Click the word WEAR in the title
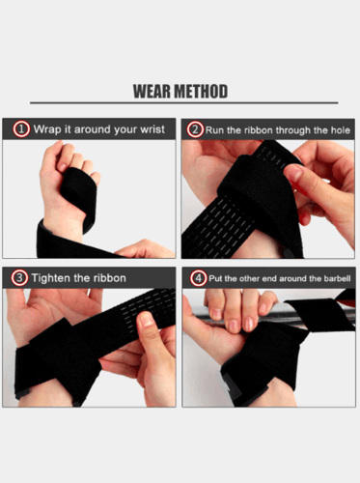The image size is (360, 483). pyautogui.click(x=153, y=92)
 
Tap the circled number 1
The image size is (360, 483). pyautogui.click(x=21, y=128)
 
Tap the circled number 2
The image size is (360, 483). pyautogui.click(x=195, y=128)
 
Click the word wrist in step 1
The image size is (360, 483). pyautogui.click(x=151, y=128)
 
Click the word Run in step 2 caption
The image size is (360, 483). pyautogui.click(x=217, y=128)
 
